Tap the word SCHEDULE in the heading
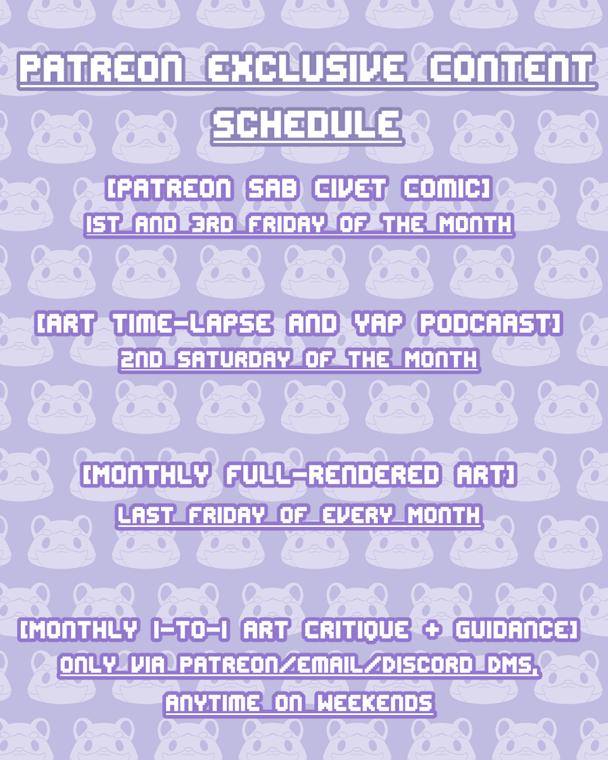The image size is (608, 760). tap(307, 122)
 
